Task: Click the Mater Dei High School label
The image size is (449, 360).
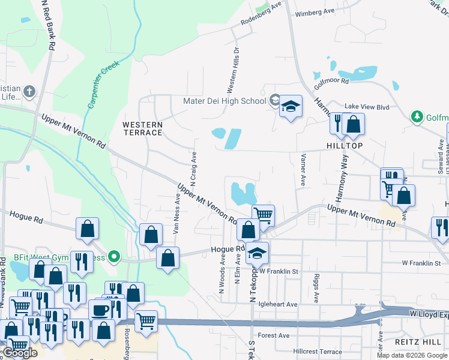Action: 224,101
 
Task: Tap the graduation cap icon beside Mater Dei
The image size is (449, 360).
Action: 291,107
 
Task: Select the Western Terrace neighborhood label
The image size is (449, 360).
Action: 142,128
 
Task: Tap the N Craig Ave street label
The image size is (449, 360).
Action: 194,168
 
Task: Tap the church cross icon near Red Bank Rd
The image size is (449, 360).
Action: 29,92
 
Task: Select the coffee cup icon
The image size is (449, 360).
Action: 100,310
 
